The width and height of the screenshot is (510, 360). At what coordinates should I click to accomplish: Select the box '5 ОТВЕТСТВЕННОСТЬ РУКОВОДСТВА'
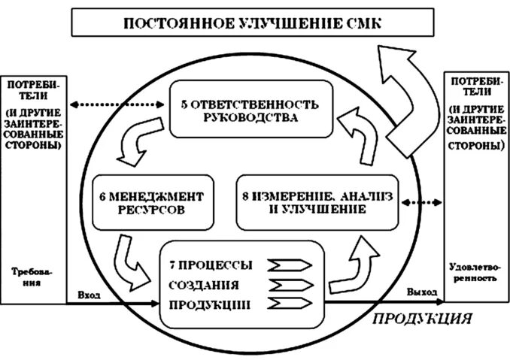point(250,109)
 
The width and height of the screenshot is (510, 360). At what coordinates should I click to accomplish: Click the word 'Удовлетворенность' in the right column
point(472,271)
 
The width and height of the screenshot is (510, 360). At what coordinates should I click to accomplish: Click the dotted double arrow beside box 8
point(422,202)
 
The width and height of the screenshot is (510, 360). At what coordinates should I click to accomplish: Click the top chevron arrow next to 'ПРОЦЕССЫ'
point(288,265)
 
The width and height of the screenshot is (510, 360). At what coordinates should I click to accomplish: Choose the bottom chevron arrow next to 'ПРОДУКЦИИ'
point(288,304)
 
